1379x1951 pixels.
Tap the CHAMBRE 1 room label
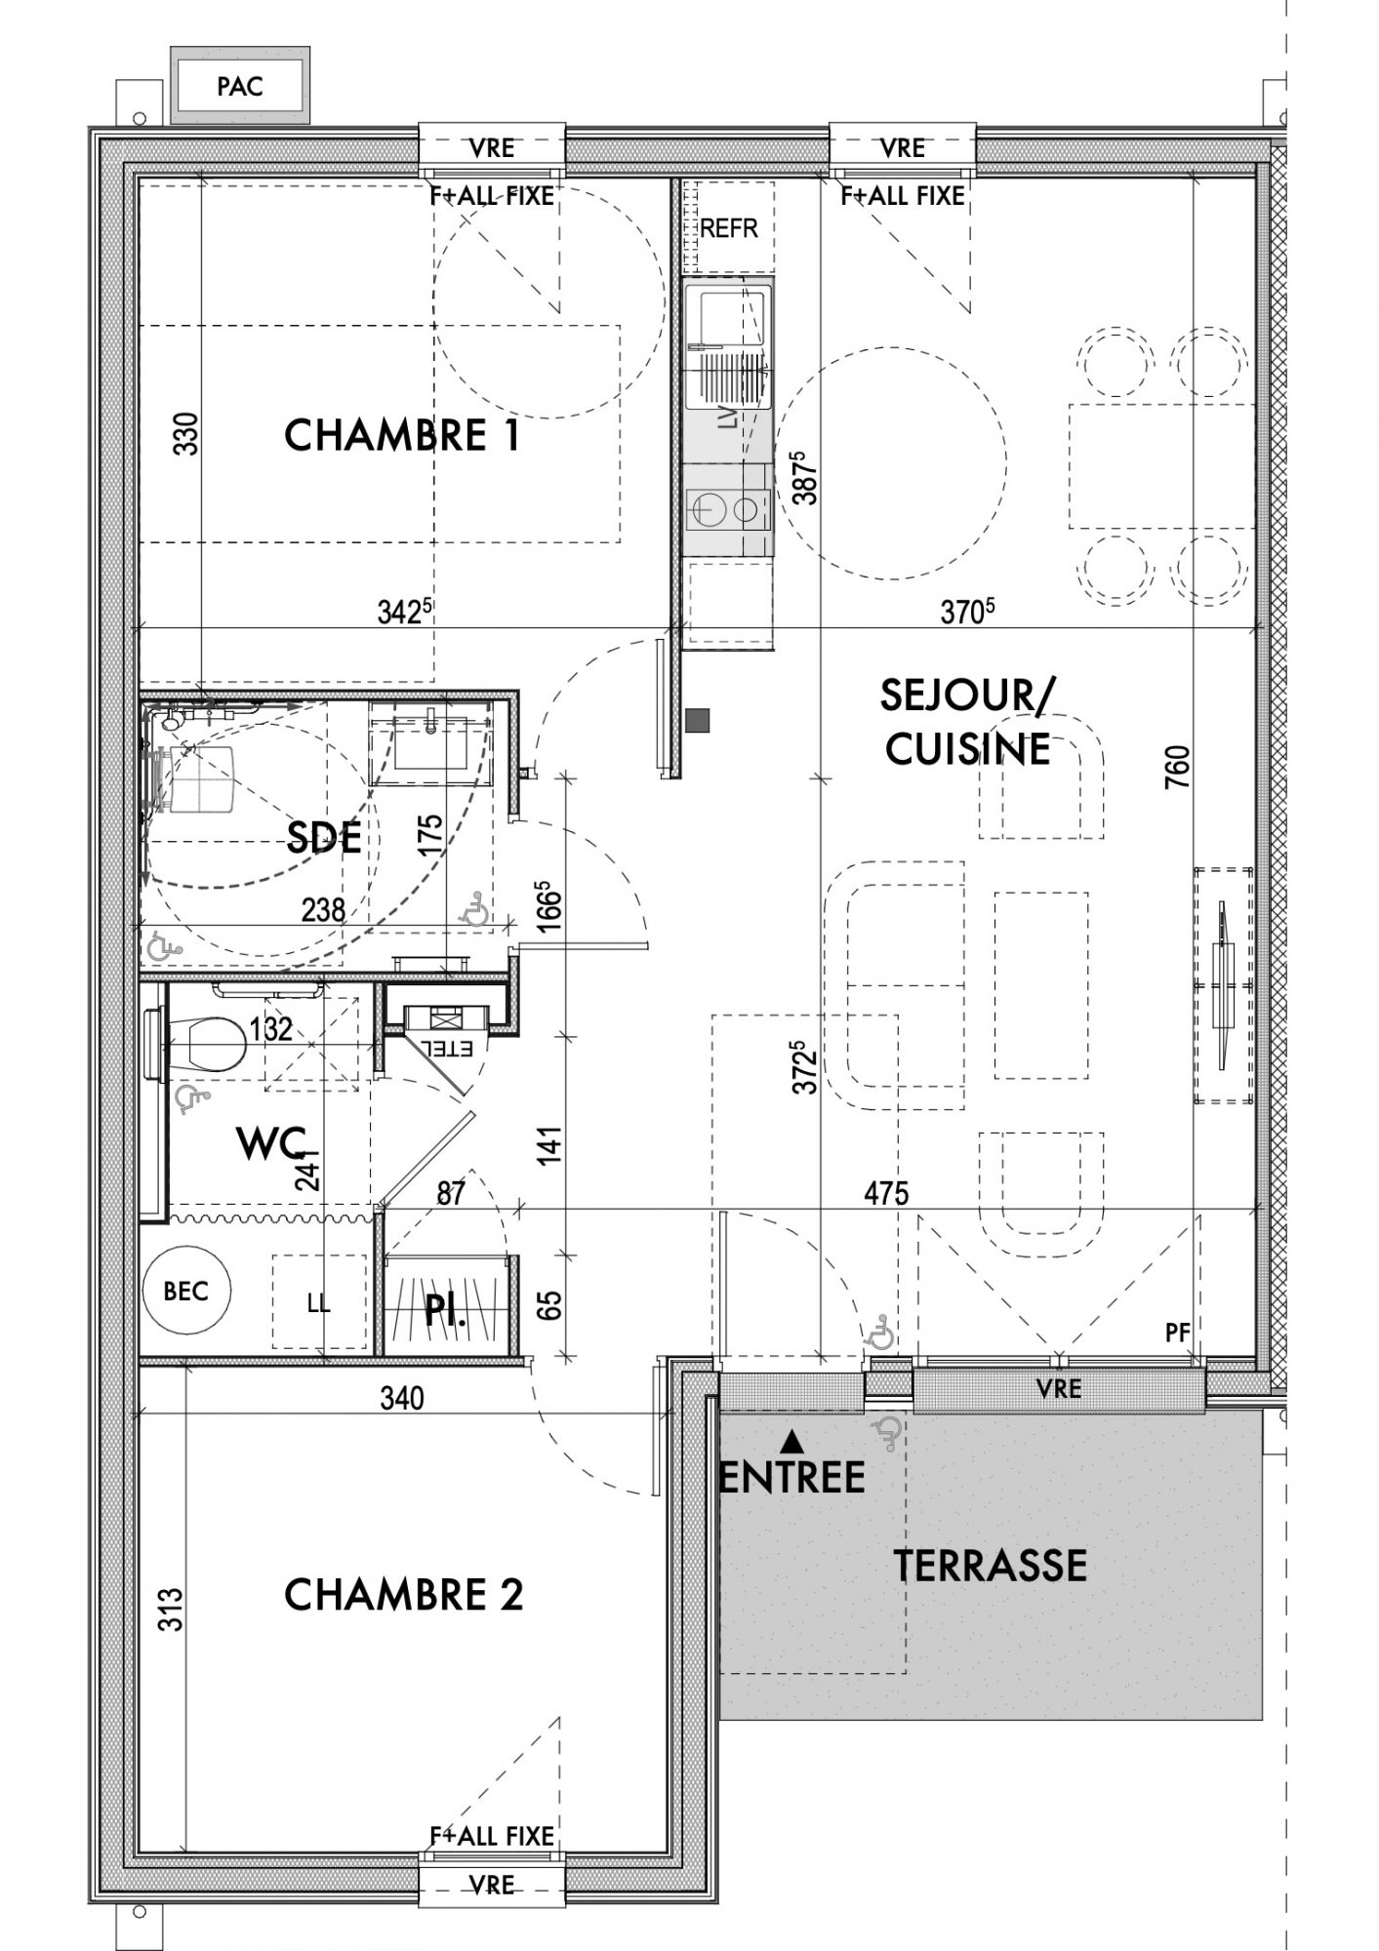click(402, 435)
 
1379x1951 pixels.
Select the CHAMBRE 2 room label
click(403, 1596)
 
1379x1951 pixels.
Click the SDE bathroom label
click(324, 837)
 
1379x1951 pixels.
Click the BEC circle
click(186, 1292)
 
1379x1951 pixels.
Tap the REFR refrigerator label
click(729, 228)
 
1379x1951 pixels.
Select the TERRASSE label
click(991, 1565)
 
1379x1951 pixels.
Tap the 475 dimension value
click(886, 1193)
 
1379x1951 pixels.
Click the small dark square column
click(698, 721)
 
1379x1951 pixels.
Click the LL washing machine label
click(318, 1303)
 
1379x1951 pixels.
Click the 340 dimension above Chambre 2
click(402, 1399)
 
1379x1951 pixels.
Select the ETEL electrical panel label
click(446, 1049)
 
